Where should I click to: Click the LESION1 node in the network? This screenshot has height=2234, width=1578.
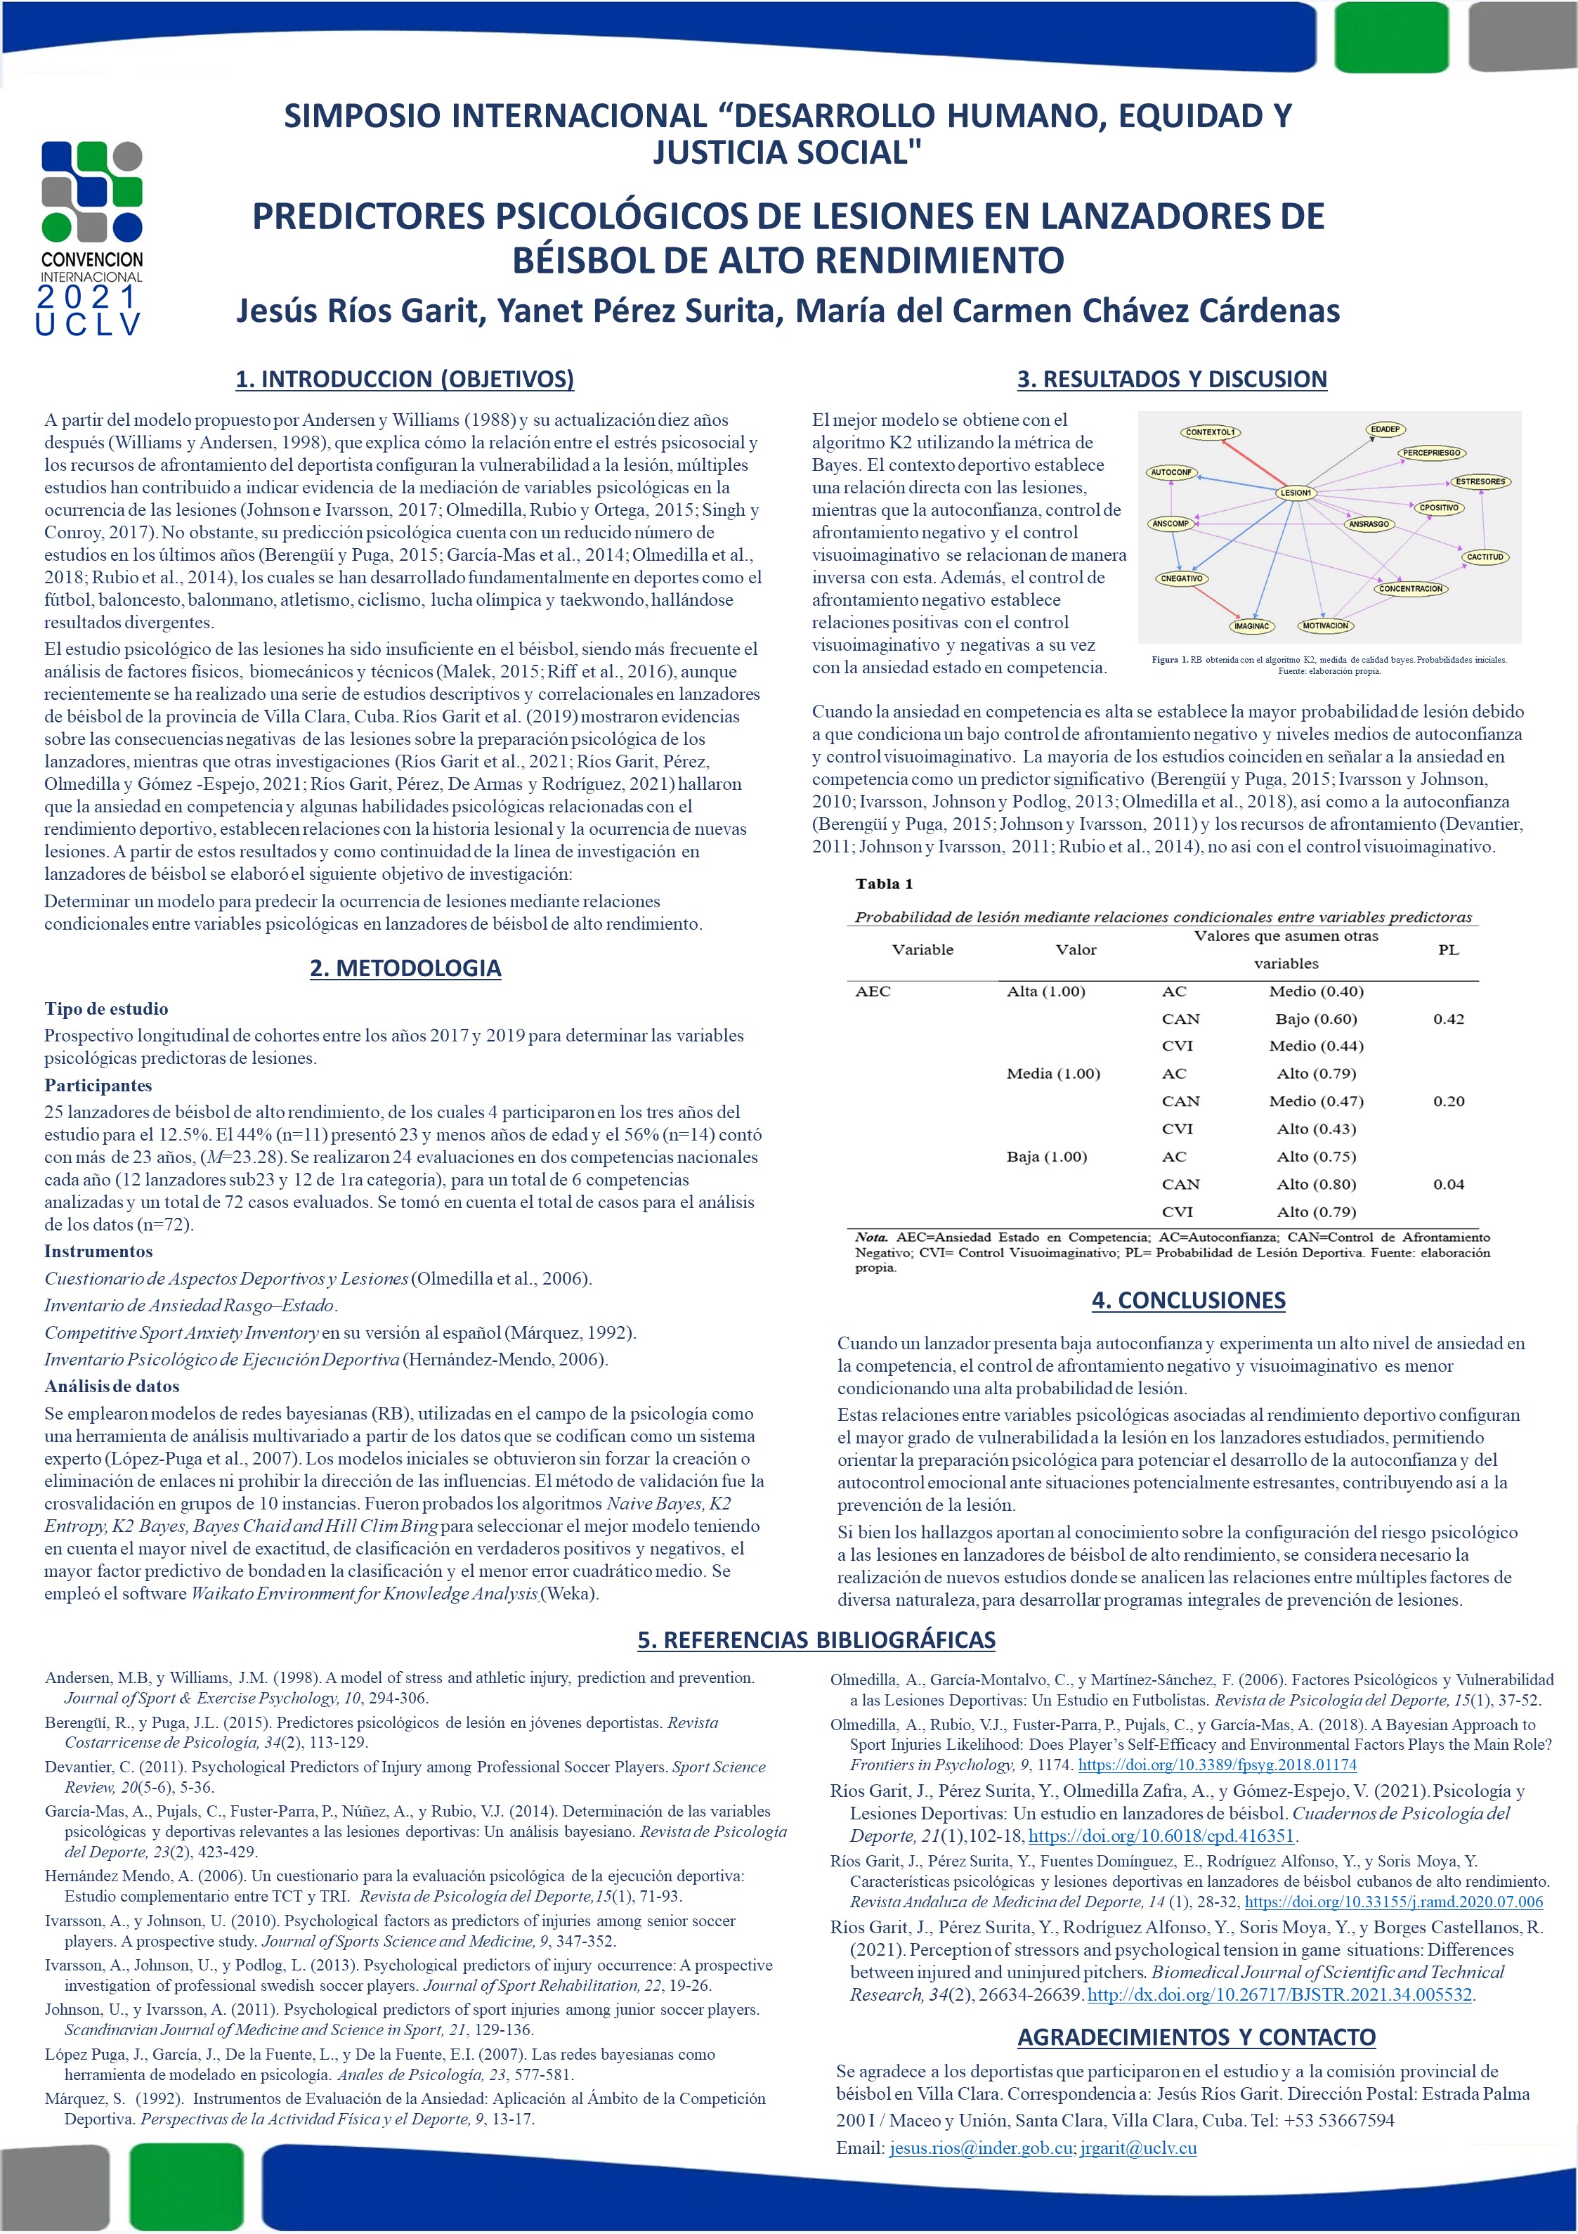click(x=1295, y=493)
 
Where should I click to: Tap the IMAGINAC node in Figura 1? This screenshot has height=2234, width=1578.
click(x=1251, y=625)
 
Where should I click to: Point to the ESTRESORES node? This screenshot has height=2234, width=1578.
click(x=1480, y=481)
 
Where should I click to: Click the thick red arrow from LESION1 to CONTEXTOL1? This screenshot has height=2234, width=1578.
click(x=1254, y=463)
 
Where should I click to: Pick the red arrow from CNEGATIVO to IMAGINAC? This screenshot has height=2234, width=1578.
click(x=1212, y=600)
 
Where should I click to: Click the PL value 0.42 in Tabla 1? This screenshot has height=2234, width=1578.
click(x=1447, y=1019)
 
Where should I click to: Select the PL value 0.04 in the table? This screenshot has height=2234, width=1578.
click(x=1447, y=1184)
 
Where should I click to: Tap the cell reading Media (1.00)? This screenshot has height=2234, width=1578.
click(x=1052, y=1073)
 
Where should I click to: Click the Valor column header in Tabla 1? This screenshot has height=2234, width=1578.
click(x=1075, y=949)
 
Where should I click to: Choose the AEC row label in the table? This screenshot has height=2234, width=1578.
click(x=873, y=992)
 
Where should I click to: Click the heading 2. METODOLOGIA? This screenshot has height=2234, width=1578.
click(x=405, y=968)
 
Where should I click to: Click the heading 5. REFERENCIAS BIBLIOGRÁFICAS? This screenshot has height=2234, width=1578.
click(x=816, y=1639)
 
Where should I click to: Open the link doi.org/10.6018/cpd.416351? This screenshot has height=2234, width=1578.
click(x=1161, y=1836)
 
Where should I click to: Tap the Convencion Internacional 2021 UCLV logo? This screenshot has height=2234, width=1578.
click(x=91, y=238)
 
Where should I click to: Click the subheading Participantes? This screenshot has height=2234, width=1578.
click(x=98, y=1085)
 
